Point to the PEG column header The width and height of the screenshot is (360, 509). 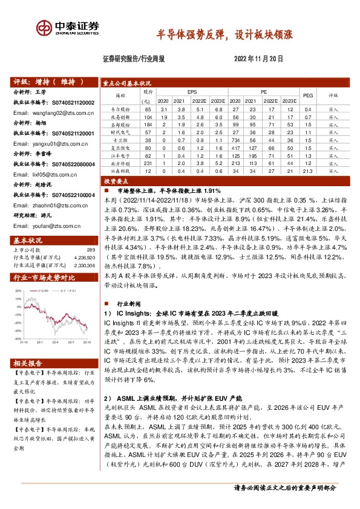[307, 96]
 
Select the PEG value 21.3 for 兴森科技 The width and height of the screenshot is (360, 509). [307, 171]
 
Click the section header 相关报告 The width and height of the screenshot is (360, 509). [30, 363]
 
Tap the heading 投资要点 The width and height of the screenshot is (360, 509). [117, 181]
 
